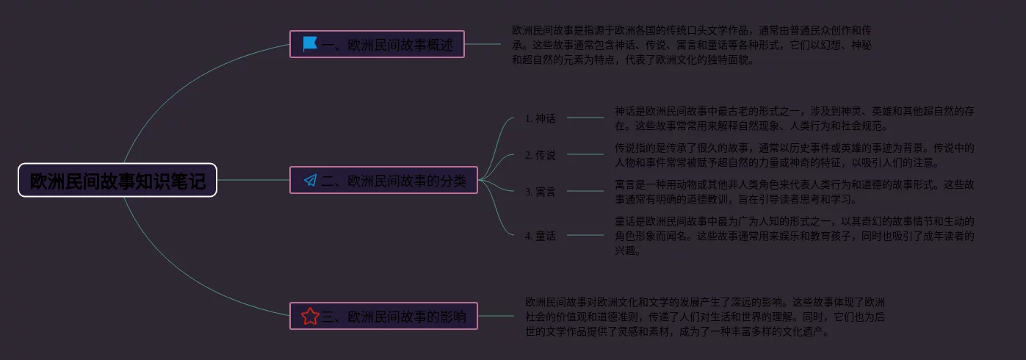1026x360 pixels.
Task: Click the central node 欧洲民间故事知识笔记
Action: tap(118, 180)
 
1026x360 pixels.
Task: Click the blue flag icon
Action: tap(310, 44)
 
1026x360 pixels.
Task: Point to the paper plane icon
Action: tap(311, 180)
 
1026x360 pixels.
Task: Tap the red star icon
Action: tap(310, 316)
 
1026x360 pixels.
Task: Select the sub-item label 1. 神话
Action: tap(541, 118)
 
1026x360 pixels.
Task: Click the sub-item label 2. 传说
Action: tap(541, 154)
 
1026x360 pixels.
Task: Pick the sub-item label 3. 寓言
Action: tap(541, 192)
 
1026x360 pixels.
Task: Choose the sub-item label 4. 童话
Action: tap(541, 236)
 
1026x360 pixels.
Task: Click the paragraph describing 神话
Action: tap(795, 118)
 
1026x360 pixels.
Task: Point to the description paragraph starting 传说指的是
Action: tap(795, 154)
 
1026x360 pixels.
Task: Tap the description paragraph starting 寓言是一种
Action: tap(795, 191)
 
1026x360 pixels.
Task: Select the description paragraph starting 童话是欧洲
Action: tap(795, 235)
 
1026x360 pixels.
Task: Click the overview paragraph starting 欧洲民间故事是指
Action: tap(692, 44)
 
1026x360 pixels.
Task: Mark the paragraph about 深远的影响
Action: tap(705, 316)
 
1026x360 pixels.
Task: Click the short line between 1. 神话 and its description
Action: tap(585, 118)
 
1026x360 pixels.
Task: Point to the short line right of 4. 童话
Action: tap(585, 235)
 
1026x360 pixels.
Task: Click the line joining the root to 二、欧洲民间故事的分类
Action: tap(253, 180)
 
